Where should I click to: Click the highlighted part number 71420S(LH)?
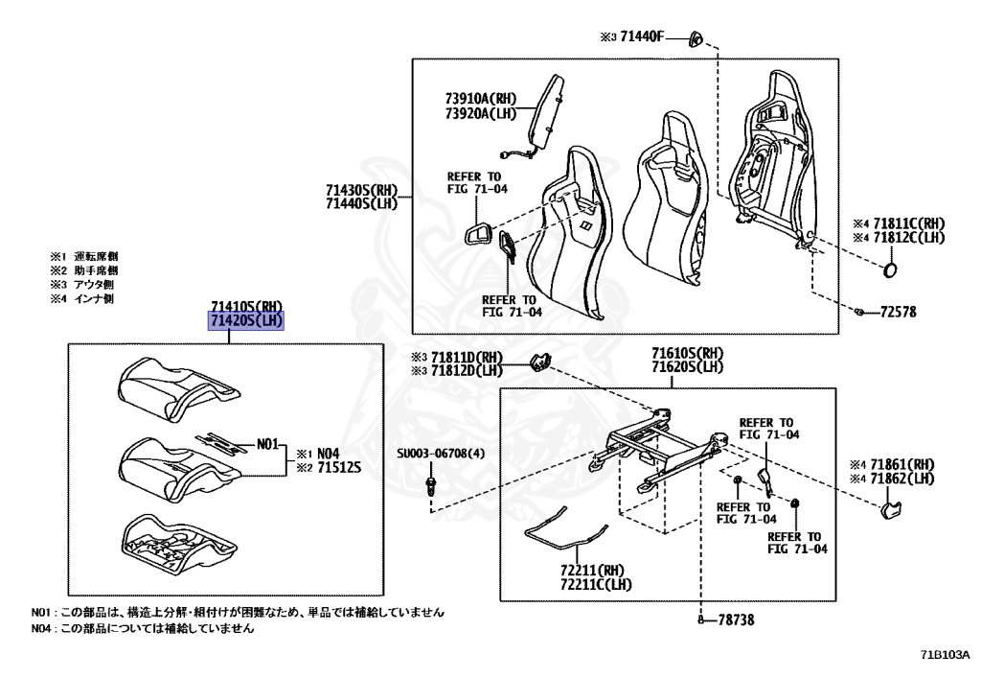pos(247,320)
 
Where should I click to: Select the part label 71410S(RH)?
pos(247,307)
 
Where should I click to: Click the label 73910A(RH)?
pos(480,97)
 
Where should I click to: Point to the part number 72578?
pos(899,313)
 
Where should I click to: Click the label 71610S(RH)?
pos(687,353)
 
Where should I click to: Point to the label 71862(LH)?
pos(903,477)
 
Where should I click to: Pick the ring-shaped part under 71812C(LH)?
pos(891,269)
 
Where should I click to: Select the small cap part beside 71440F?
pos(696,38)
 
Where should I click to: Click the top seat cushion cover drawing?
pos(177,391)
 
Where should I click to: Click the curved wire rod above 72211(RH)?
pos(565,533)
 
